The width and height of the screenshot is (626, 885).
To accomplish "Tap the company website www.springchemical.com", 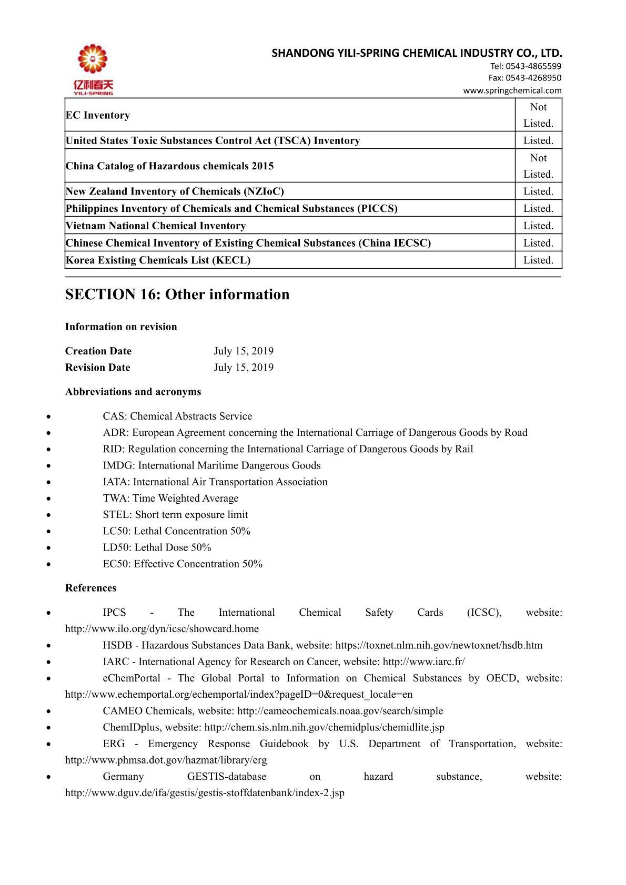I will tap(512, 90).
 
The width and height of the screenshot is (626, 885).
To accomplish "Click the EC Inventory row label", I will tap(98, 115).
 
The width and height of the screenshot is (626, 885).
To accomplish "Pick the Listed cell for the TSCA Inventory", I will tap(538, 140).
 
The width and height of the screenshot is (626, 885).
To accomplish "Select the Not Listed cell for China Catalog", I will tap(538, 166).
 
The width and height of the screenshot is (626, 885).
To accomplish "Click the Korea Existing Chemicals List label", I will tap(158, 260).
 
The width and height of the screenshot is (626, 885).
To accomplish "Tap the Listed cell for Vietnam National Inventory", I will tap(538, 226).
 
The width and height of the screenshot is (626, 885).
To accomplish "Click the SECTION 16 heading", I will tap(177, 294).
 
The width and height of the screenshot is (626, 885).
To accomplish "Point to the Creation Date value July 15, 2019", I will tap(244, 351).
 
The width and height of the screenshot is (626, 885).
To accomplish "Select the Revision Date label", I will tap(98, 367).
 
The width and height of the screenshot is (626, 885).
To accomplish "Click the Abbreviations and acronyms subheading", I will tap(133, 392).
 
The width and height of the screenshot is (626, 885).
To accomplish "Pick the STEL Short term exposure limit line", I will tap(175, 514).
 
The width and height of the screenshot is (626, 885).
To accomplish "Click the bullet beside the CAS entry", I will tap(49, 416).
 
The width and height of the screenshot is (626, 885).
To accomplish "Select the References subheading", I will tap(91, 588).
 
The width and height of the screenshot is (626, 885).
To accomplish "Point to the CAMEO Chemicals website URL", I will tap(340, 711).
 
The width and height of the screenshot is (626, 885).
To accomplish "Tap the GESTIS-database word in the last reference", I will tap(227, 777).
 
